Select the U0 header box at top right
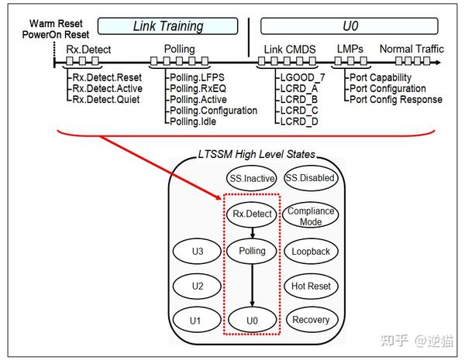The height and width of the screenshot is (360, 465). click(x=350, y=26)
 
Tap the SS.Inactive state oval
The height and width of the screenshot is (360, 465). click(x=250, y=179)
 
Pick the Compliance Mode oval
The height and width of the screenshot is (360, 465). click(x=311, y=216)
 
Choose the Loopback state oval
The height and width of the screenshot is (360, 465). click(x=311, y=252)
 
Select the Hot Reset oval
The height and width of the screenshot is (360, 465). click(x=311, y=286)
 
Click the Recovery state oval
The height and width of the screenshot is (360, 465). click(x=311, y=320)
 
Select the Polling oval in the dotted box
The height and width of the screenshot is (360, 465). click(x=251, y=252)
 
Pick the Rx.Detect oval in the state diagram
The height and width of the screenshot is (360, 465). click(x=251, y=214)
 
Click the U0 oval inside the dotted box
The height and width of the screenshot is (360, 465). click(x=251, y=320)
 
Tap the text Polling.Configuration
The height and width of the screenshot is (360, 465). click(x=212, y=111)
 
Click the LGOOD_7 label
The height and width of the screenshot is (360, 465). click(x=303, y=77)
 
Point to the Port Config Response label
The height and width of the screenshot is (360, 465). click(x=395, y=99)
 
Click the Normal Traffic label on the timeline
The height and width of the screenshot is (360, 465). click(x=412, y=50)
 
